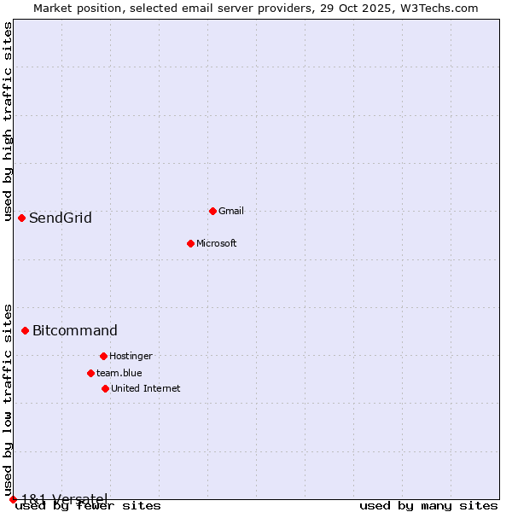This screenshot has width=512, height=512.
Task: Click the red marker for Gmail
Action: click(x=212, y=211)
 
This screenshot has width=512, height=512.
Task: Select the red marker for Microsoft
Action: click(x=190, y=243)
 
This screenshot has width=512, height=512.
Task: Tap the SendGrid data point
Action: click(x=21, y=218)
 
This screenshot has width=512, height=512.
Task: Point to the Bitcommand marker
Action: click(x=25, y=330)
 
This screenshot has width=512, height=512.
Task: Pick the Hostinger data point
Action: click(x=103, y=356)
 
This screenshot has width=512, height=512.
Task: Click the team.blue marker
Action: click(x=90, y=373)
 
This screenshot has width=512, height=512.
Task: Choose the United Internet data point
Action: click(x=105, y=388)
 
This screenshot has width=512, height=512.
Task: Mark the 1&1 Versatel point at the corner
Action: click(x=13, y=499)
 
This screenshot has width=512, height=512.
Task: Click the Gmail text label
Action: click(x=231, y=211)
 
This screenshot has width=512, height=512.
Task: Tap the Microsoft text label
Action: click(x=217, y=243)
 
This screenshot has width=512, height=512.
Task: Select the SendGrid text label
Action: click(x=61, y=218)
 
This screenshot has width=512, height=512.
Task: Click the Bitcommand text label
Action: click(x=75, y=330)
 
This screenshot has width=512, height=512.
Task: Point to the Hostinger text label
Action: click(x=131, y=356)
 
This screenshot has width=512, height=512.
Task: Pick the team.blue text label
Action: click(x=119, y=373)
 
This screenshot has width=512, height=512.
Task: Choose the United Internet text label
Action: click(x=146, y=388)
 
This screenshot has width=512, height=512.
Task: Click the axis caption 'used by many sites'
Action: click(x=428, y=506)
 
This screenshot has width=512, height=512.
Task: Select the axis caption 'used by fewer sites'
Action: click(x=89, y=506)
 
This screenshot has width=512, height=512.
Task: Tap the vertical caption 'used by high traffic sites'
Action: click(x=8, y=121)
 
